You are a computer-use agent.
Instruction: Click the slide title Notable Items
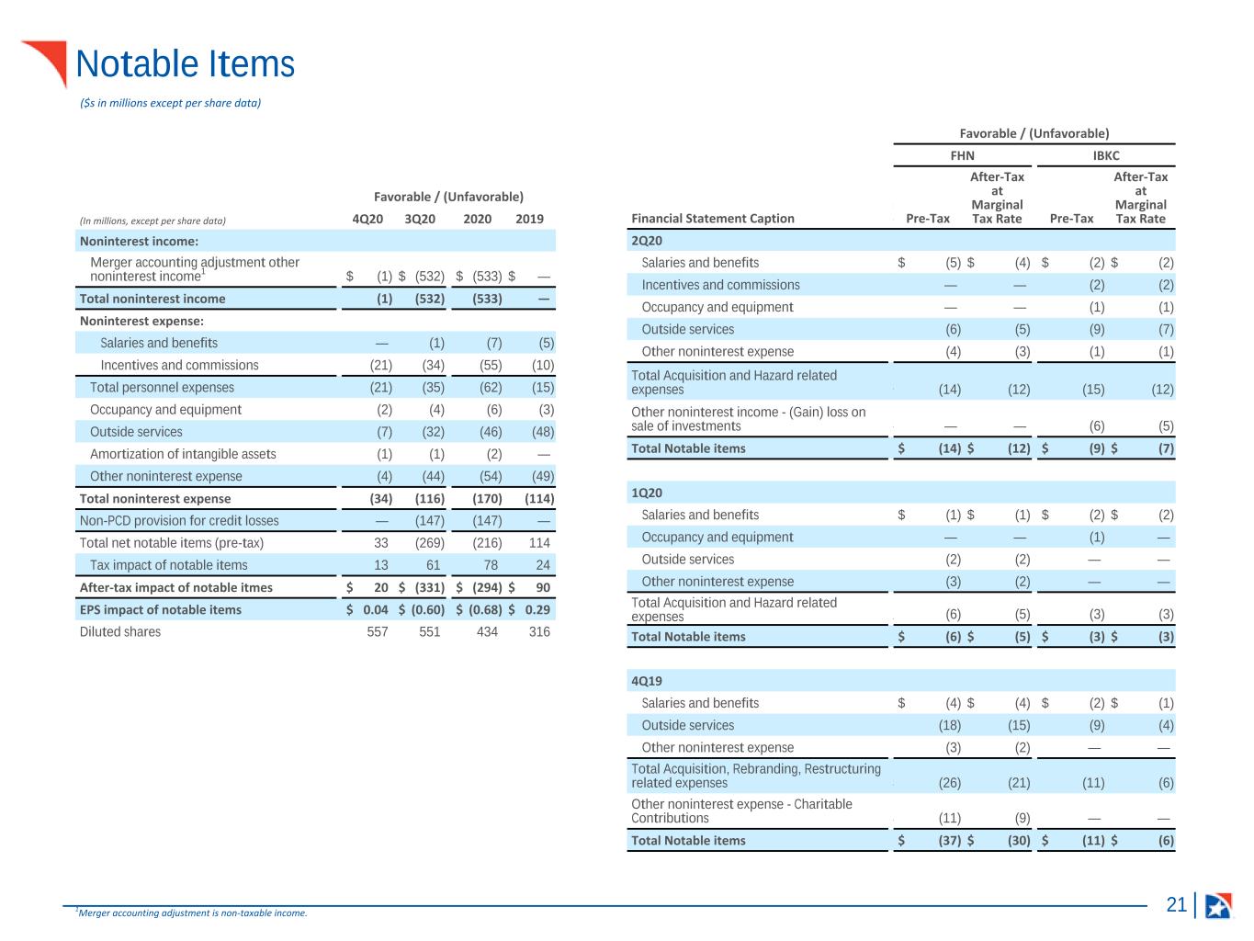click(x=185, y=63)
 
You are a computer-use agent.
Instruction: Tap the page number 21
click(x=1176, y=904)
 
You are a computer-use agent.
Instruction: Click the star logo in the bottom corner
click(x=1218, y=905)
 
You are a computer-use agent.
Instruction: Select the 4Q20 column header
click(x=367, y=219)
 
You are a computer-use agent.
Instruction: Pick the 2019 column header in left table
click(x=529, y=219)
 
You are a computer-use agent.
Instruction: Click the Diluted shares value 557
click(x=377, y=632)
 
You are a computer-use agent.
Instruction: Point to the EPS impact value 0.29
click(x=537, y=609)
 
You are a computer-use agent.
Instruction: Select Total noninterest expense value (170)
click(x=487, y=498)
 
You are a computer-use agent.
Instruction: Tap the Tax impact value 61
click(x=433, y=565)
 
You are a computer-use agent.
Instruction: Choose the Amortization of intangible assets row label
click(x=183, y=454)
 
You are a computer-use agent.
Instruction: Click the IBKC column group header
click(x=1106, y=155)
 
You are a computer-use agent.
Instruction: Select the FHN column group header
click(x=962, y=155)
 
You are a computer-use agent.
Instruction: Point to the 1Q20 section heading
click(x=646, y=493)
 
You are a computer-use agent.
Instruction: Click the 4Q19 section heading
click(x=646, y=681)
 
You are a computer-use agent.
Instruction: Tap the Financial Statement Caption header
click(x=712, y=219)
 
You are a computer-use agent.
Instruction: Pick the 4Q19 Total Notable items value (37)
click(x=950, y=841)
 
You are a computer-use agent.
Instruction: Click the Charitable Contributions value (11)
click(x=950, y=818)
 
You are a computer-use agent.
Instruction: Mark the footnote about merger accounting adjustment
click(x=192, y=913)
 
